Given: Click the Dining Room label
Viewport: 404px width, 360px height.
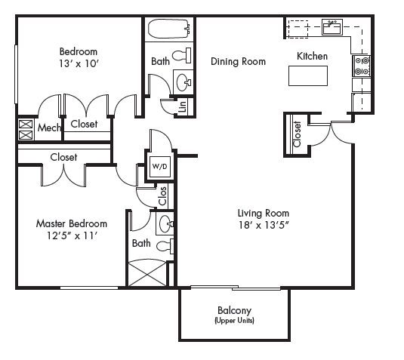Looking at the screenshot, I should pos(238,62).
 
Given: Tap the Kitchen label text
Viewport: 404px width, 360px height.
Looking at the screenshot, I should pos(312,56).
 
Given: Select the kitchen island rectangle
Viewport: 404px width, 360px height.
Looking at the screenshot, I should pos(308,76).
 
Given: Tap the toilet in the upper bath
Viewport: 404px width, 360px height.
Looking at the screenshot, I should pos(180,55).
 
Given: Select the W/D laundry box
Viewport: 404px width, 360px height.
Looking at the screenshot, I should pos(160,166).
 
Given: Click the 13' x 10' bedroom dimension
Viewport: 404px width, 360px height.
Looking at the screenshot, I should pos(79,65).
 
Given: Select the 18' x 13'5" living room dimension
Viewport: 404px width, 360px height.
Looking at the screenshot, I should pos(264,225).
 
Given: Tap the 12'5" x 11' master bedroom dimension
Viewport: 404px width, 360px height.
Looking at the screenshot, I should pos(71,235).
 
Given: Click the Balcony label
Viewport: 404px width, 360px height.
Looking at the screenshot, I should pos(234,310).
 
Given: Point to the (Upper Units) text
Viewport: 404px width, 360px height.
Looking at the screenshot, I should pos(234,320).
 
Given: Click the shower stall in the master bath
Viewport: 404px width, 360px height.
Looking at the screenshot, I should pos(147,272).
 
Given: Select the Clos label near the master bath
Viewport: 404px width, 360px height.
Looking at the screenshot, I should pos(162,196).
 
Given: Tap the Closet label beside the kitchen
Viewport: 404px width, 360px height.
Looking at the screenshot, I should pos(297,134).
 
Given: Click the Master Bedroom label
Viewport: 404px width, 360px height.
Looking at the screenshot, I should pos(72,223).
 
